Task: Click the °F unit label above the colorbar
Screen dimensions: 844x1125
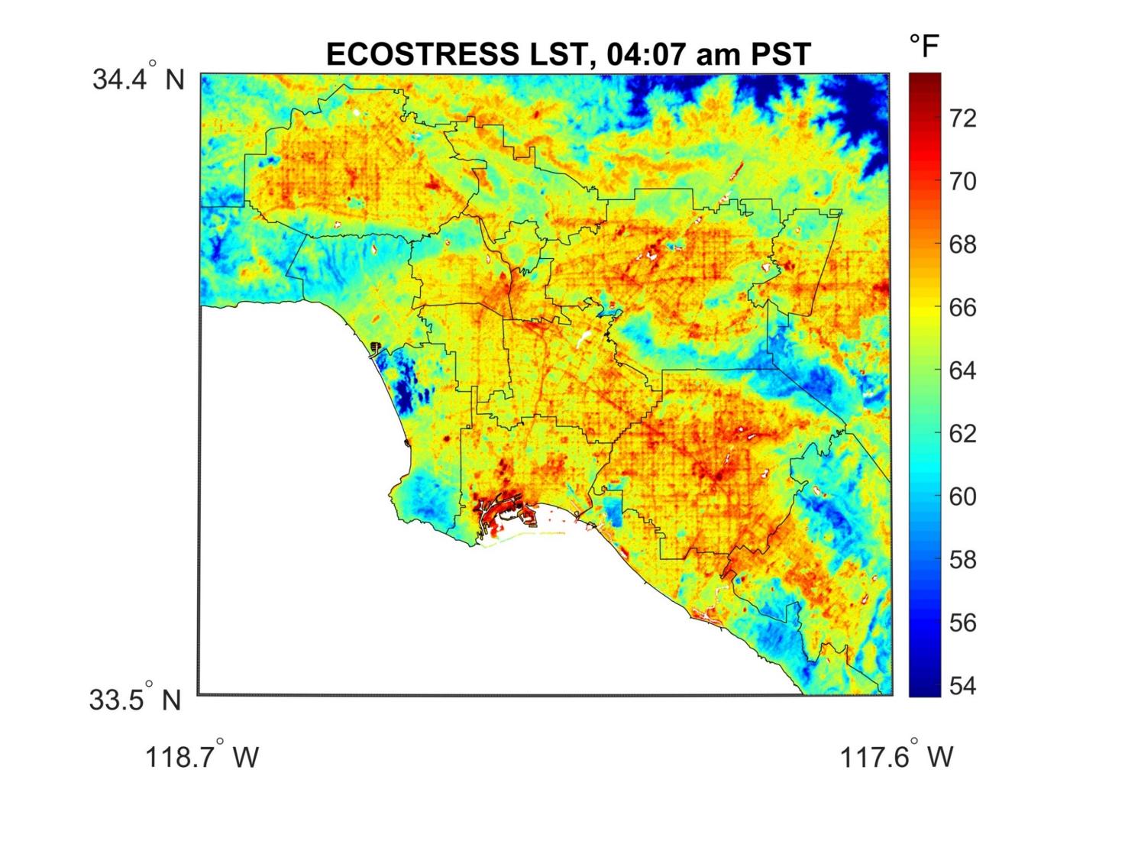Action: coord(924,47)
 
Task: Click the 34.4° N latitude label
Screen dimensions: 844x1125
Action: coord(138,79)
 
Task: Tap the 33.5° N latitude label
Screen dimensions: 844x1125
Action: coord(135,700)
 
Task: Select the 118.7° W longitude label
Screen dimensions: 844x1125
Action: coord(202,757)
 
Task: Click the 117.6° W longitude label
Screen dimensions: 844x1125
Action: coord(897,757)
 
